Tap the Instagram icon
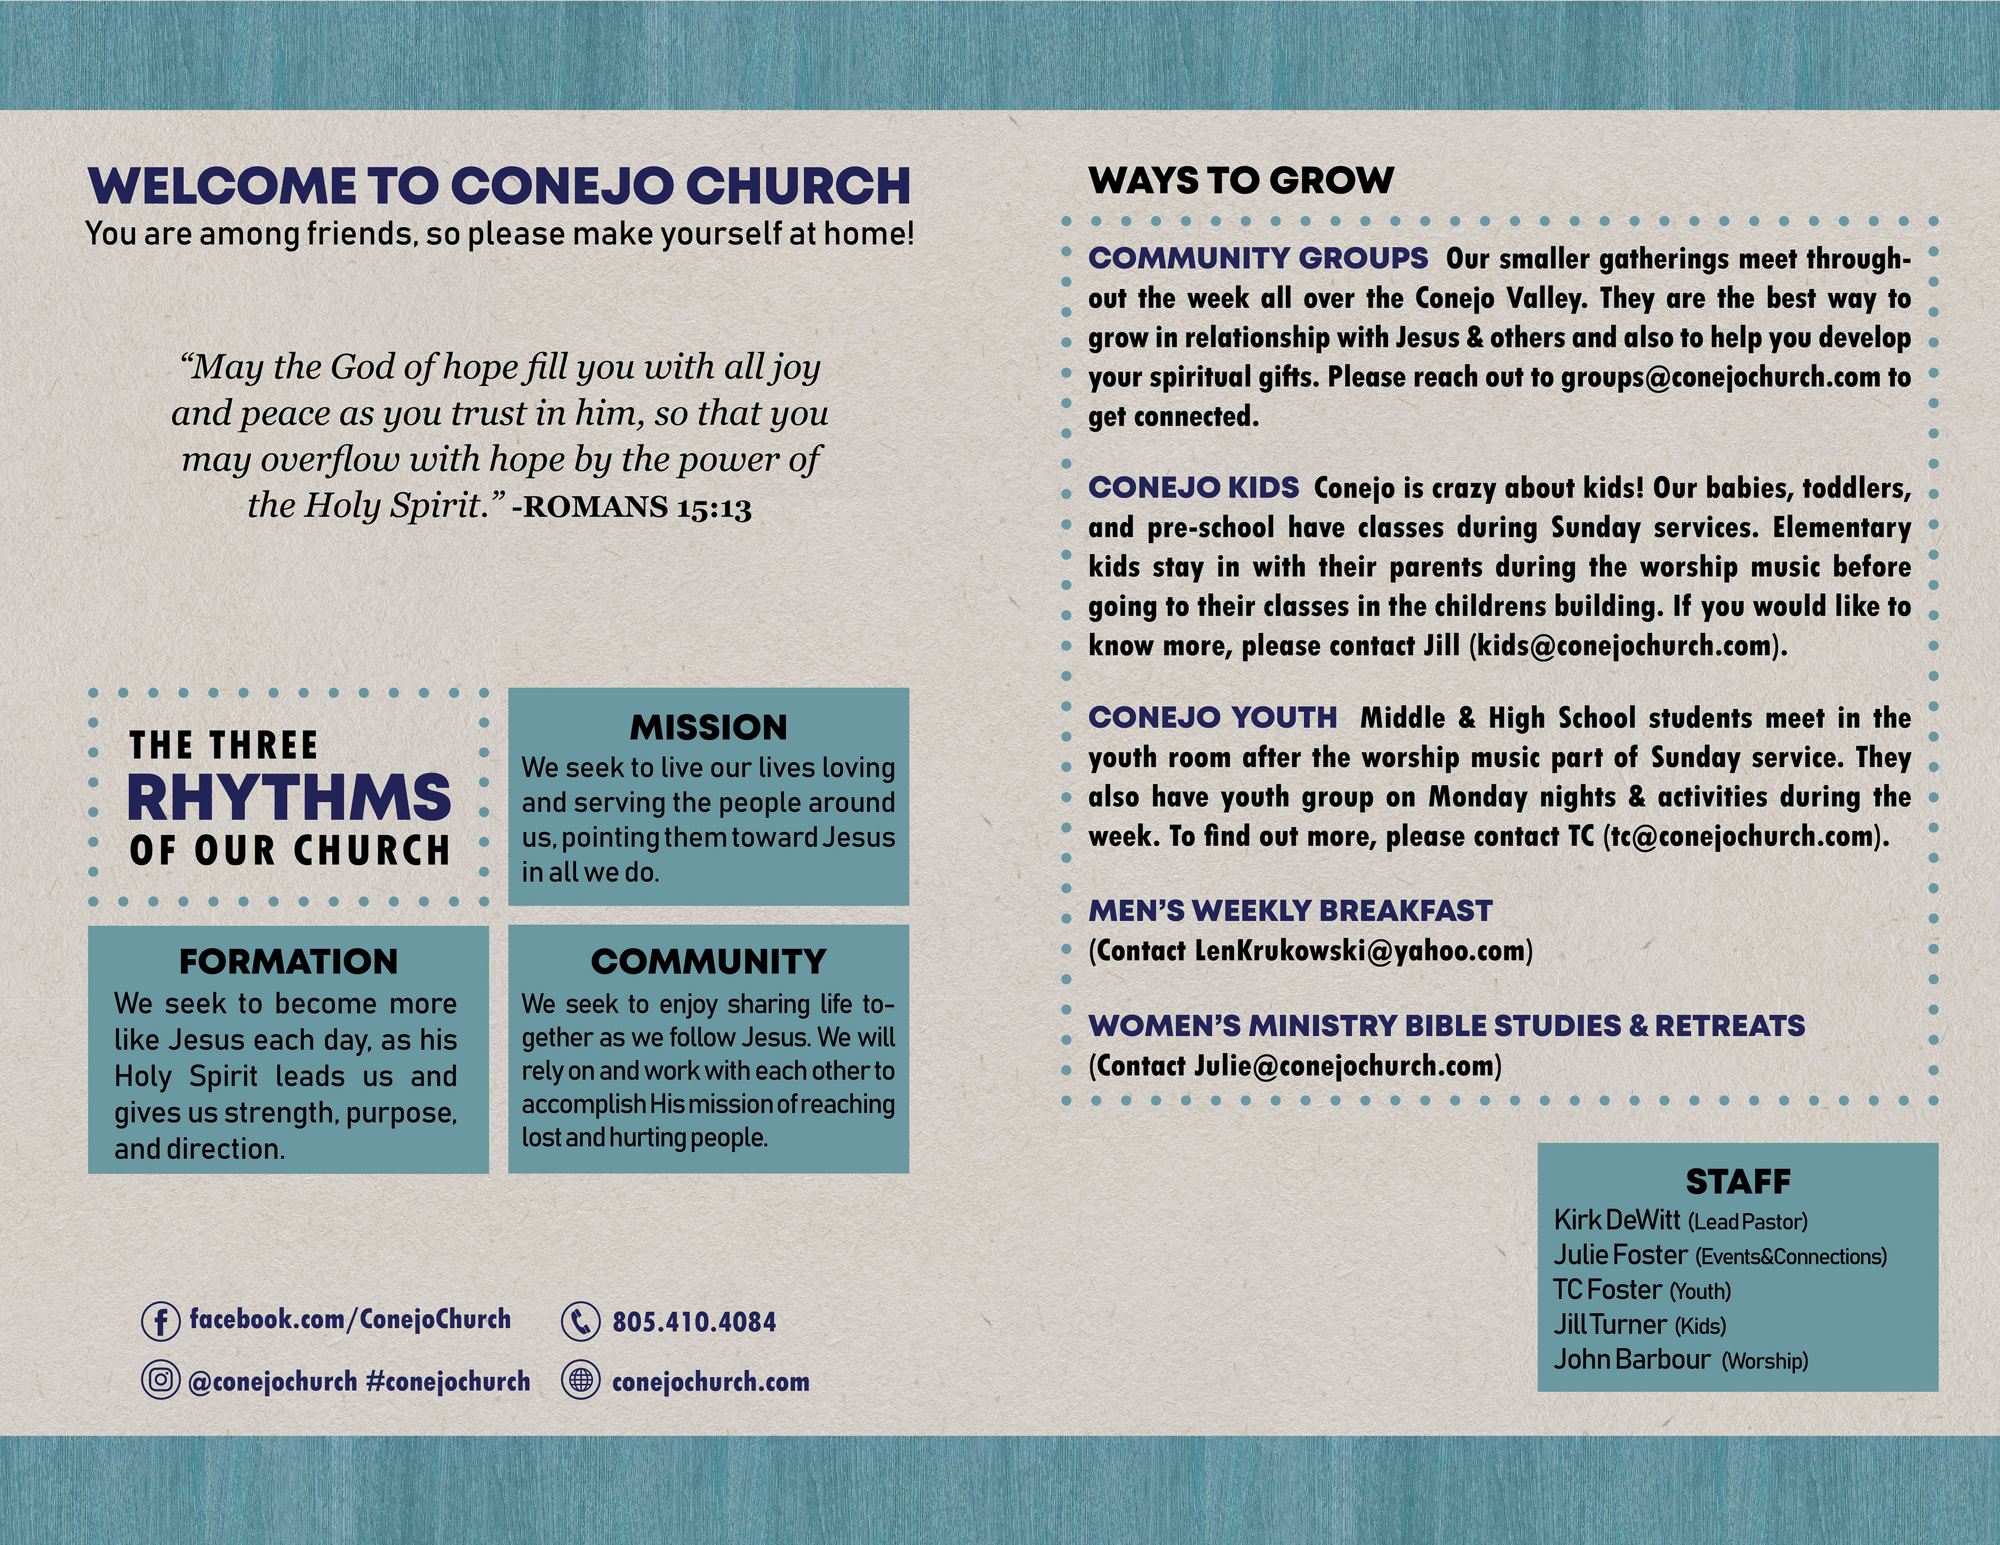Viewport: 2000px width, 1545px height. [160, 1380]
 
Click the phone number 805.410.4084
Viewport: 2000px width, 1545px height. [694, 1322]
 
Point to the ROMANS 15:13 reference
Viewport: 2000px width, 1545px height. [632, 507]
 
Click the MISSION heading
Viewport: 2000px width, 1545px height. [708, 727]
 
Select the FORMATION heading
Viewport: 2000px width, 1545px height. [289, 962]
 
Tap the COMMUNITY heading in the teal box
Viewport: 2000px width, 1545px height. [708, 962]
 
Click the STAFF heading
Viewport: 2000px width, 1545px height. [1737, 1182]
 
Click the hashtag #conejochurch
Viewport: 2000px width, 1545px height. [448, 1381]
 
